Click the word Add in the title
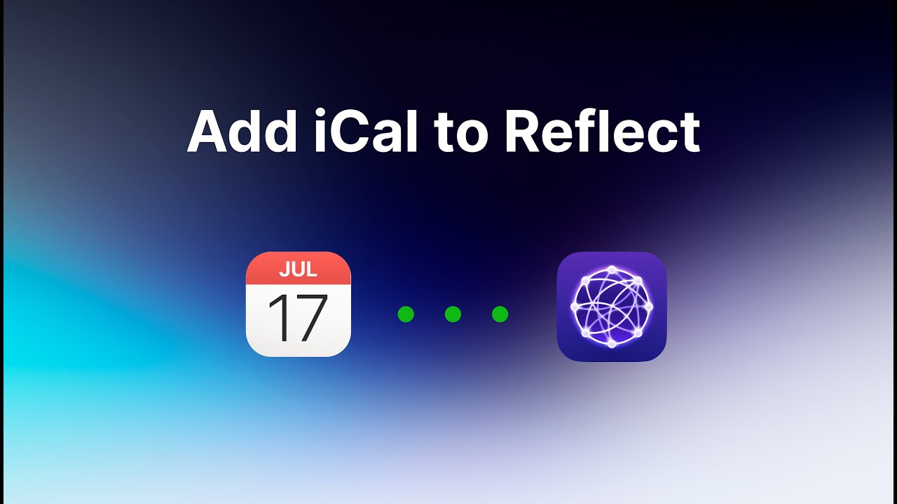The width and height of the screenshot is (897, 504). pyautogui.click(x=242, y=132)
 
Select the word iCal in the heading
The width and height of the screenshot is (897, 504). pyautogui.click(x=366, y=132)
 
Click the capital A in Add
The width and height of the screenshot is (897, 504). pyautogui.click(x=208, y=132)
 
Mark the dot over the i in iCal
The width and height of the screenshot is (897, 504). pyautogui.click(x=320, y=113)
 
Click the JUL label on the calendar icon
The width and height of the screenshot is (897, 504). pyautogui.click(x=298, y=268)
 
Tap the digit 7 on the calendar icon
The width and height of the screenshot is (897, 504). pyautogui.click(x=311, y=318)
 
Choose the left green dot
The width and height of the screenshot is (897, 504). pyautogui.click(x=406, y=314)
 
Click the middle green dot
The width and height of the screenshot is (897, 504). pyautogui.click(x=453, y=314)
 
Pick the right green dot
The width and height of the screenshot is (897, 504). pyautogui.click(x=500, y=314)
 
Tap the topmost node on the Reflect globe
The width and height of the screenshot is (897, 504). pyautogui.click(x=612, y=269)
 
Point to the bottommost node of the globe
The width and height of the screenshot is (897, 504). pyautogui.click(x=612, y=344)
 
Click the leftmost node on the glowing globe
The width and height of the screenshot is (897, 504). pyautogui.click(x=575, y=307)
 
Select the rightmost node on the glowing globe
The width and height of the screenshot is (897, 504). pyautogui.click(x=649, y=307)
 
